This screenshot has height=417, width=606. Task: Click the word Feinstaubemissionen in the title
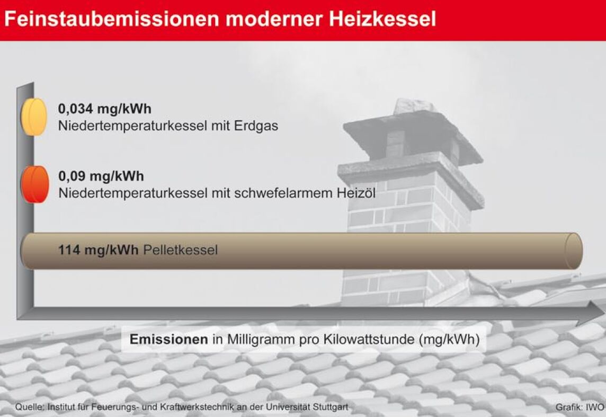coord(112,19)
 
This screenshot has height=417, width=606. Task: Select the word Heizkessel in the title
coord(382,19)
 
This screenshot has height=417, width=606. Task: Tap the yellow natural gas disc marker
coord(34,117)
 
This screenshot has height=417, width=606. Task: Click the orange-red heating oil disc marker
coord(35,184)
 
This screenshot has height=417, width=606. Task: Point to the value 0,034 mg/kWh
coord(104,109)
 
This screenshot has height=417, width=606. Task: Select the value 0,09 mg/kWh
coord(101,176)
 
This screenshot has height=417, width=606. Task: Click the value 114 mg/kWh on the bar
coord(98,250)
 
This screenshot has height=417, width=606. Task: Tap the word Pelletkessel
coord(181,250)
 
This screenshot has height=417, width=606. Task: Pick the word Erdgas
coord(256,126)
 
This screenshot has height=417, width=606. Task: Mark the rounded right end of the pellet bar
coord(574,251)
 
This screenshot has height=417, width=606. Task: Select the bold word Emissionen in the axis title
coord(169,339)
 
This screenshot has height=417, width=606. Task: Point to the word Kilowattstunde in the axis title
coord(369,339)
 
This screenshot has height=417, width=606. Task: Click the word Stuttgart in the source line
coord(331,407)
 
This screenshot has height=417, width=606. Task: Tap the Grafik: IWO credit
coord(580,407)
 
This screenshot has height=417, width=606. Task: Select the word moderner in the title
coord(274,19)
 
